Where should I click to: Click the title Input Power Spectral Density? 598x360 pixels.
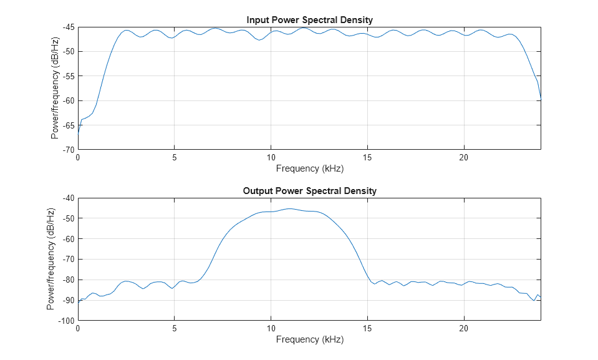(x=309, y=20)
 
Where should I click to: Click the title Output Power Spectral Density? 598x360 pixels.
(x=309, y=191)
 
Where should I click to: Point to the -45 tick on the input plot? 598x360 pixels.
(x=67, y=27)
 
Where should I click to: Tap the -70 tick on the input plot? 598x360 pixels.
(x=67, y=150)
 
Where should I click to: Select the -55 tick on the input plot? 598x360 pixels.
(x=67, y=76)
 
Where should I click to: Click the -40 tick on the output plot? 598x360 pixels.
(x=67, y=198)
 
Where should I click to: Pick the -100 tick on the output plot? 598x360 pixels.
(x=65, y=321)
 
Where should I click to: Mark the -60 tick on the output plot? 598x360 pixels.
(x=67, y=239)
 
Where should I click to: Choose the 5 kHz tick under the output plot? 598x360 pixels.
(x=175, y=329)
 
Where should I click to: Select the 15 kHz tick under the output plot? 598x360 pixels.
(x=367, y=329)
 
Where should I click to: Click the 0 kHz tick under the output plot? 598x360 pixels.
(x=78, y=329)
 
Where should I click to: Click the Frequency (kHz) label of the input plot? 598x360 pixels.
(x=309, y=168)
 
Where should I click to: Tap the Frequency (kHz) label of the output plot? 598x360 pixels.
(x=309, y=339)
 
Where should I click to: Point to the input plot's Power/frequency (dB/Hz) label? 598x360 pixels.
(x=55, y=89)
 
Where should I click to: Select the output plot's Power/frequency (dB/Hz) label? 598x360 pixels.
(x=51, y=259)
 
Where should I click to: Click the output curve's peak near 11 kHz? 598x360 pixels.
(x=290, y=208)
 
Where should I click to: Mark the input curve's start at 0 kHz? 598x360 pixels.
(x=78, y=133)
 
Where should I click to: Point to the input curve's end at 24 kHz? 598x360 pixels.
(x=541, y=99)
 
